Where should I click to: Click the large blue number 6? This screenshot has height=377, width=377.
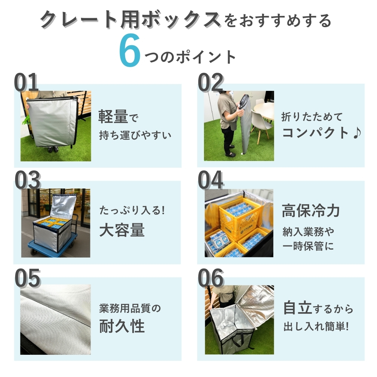pyautogui.click(x=130, y=50)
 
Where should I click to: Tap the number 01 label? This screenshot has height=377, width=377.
pyautogui.click(x=26, y=82)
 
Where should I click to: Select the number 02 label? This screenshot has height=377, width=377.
pyautogui.click(x=211, y=82)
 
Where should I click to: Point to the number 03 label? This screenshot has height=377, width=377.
pyautogui.click(x=28, y=179)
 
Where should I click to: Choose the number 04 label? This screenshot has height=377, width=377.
pyautogui.click(x=211, y=179)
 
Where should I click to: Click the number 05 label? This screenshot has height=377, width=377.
pyautogui.click(x=28, y=278)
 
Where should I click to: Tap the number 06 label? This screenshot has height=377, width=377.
pyautogui.click(x=211, y=278)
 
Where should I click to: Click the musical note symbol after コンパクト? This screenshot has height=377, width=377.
pyautogui.click(x=357, y=133)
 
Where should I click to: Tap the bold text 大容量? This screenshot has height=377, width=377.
pyautogui.click(x=122, y=230)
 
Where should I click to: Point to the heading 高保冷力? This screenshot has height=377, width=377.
pyautogui.click(x=311, y=210)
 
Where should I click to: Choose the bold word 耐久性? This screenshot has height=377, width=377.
pyautogui.click(x=122, y=326)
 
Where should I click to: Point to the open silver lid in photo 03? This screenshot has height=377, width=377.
pyautogui.click(x=63, y=206)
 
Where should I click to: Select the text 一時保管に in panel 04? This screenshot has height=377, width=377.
pyautogui.click(x=308, y=246)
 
